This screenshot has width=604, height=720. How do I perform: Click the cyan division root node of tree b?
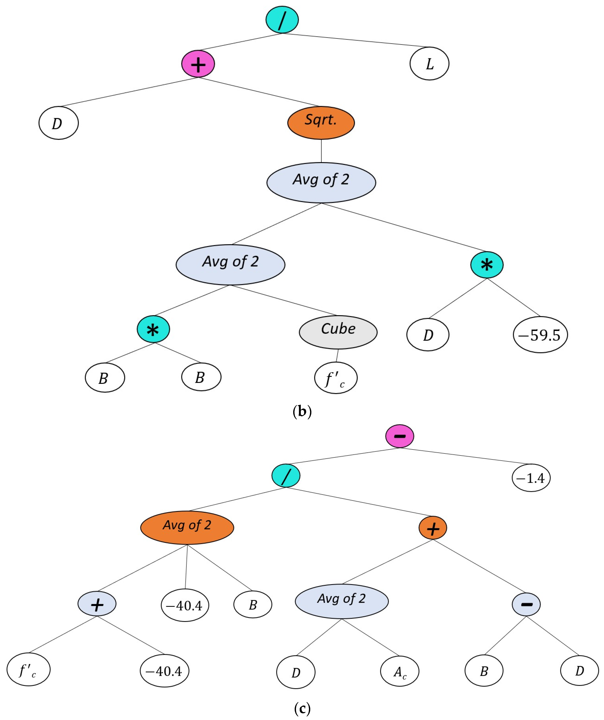(282, 19)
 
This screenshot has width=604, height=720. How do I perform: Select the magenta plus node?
(198, 64)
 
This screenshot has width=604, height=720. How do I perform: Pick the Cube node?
(338, 332)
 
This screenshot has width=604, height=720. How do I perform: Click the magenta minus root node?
(399, 436)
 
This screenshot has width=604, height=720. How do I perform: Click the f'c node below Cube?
(336, 378)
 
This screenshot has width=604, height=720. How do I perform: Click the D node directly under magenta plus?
(59, 123)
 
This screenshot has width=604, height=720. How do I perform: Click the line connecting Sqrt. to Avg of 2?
(321, 151)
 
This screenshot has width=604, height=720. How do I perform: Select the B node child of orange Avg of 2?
(253, 604)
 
